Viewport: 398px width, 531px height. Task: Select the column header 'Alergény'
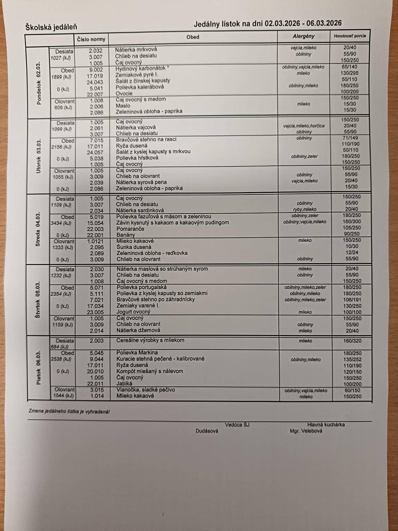303,36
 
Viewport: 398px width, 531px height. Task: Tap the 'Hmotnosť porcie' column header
350,36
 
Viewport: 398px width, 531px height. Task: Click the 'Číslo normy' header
91,39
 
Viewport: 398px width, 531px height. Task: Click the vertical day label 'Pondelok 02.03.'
39,83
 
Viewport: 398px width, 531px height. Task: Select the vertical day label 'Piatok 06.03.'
39,367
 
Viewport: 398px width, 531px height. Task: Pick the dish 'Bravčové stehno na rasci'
146,139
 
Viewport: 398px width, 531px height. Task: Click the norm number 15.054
96,223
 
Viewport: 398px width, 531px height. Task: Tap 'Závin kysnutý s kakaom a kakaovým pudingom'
172,222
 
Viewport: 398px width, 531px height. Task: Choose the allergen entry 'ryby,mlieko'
304,209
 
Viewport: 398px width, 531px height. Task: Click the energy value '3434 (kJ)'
61,223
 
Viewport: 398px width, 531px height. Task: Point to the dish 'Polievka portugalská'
142,287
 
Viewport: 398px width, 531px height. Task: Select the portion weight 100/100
352,312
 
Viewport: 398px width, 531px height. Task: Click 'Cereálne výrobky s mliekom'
150,340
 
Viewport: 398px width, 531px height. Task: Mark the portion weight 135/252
352,359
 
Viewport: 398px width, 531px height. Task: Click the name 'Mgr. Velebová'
306,431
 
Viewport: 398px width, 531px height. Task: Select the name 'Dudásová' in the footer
207,431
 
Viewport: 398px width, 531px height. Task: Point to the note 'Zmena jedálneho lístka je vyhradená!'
69,412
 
